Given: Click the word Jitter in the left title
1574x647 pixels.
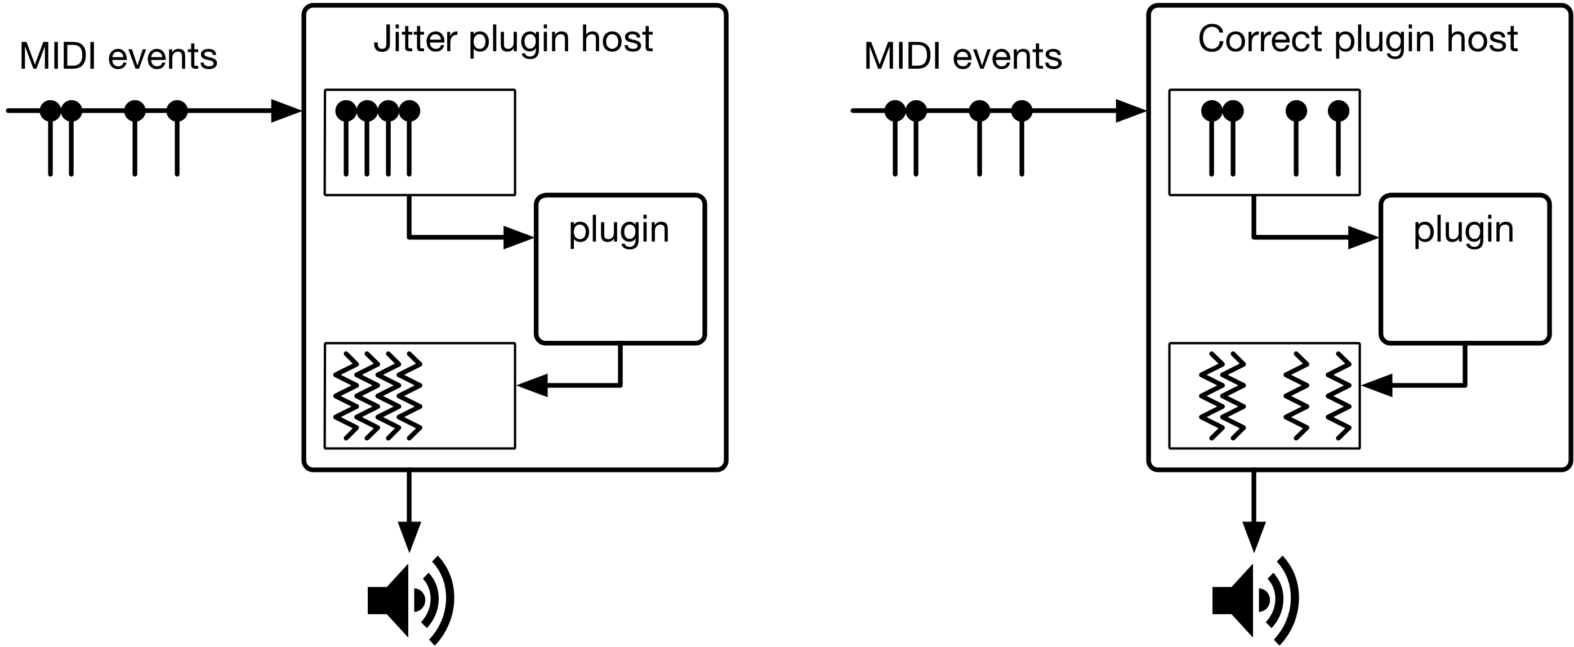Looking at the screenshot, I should point(415,39).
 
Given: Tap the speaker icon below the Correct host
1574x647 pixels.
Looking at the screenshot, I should point(1255,600).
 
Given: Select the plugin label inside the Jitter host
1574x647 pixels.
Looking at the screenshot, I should point(618,230).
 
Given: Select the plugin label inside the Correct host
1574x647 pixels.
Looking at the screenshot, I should point(1464,230).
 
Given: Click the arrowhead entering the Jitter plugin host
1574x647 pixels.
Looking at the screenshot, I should point(286,110).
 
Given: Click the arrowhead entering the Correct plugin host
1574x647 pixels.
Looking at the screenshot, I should point(1130,110).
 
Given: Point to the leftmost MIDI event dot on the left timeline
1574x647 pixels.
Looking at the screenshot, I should point(51,110).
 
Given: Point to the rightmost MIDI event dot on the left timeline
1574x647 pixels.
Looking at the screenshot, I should point(177,110).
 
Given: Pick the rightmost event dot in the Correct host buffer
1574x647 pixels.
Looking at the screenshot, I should point(1338,110).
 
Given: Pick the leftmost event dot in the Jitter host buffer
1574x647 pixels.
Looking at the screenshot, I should point(346,110).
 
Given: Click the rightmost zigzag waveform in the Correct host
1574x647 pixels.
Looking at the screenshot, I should point(1338,395).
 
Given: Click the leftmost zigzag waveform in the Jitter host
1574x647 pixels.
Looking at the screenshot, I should point(346,395).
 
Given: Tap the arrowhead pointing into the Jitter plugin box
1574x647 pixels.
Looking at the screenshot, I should point(518,237).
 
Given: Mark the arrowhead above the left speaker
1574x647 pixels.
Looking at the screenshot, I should point(409,536).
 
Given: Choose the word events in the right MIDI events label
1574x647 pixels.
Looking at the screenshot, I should point(1007,57).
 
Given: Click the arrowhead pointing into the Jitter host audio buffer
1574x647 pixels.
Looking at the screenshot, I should point(532,386).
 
